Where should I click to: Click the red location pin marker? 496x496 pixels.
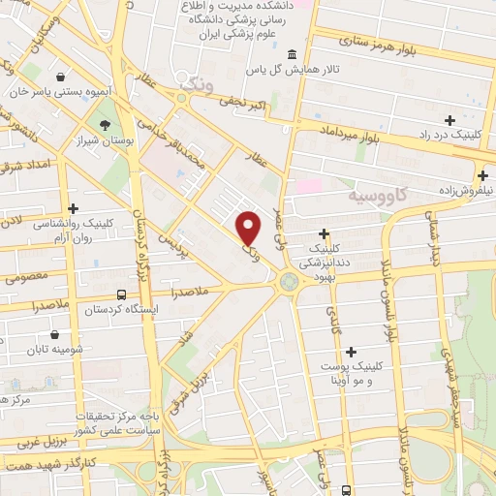tap(250, 228)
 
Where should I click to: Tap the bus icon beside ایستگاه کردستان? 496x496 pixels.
tap(121, 294)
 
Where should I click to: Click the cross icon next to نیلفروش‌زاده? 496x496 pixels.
tap(482, 175)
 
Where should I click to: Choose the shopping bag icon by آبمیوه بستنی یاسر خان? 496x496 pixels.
tap(62, 77)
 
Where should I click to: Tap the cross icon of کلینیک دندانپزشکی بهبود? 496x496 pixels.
tap(324, 232)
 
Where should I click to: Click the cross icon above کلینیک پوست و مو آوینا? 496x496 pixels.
tap(351, 351)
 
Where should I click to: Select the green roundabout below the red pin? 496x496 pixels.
tap(289, 282)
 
